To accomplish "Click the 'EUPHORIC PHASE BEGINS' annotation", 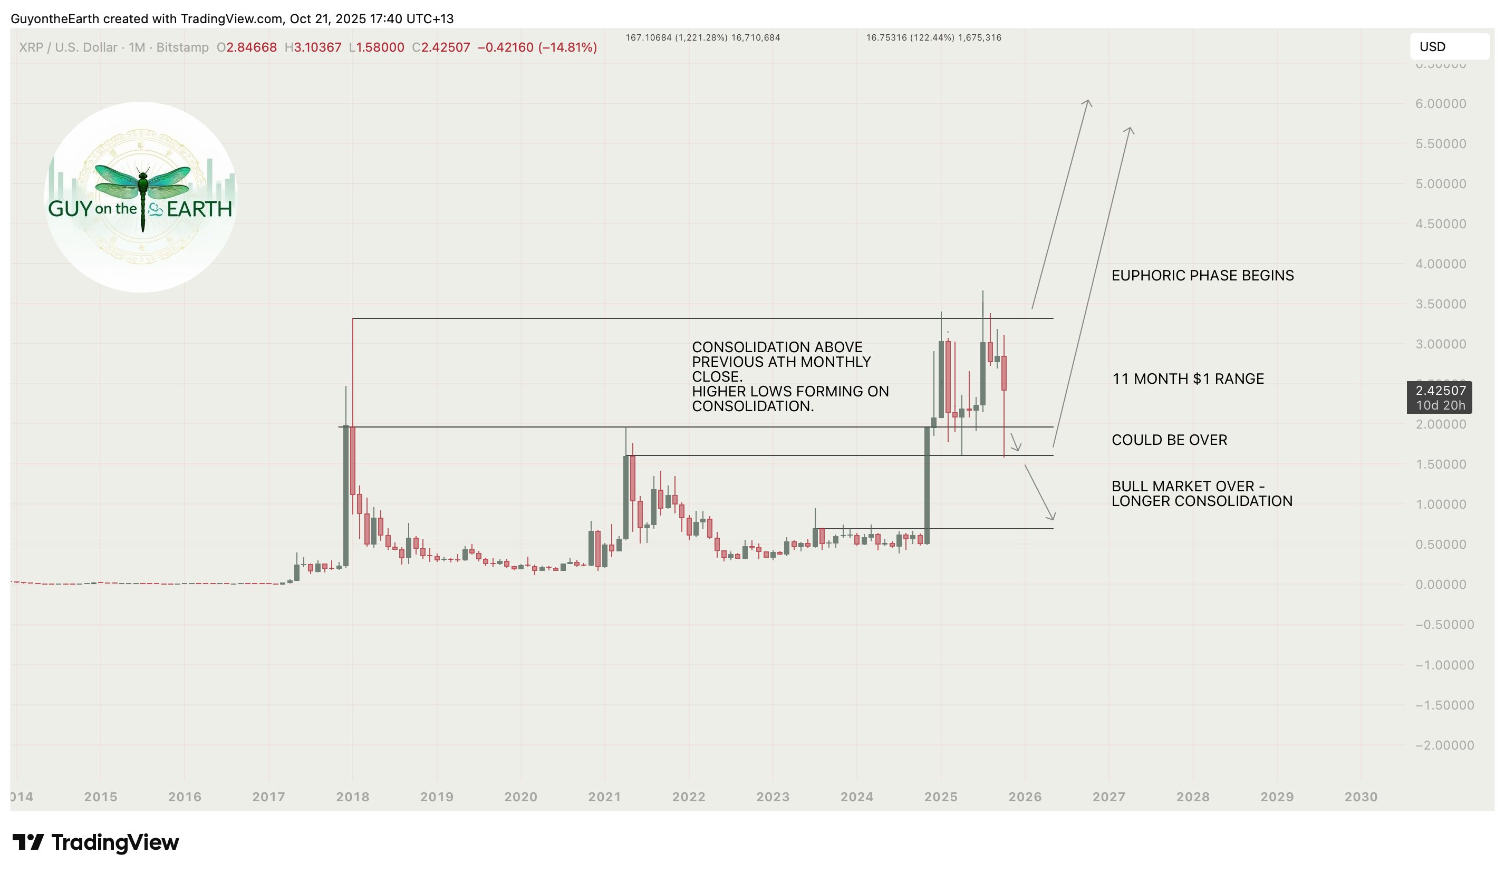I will (x=1202, y=275).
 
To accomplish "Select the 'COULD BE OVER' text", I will (x=1169, y=440).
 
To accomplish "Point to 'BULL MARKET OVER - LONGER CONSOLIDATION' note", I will (x=1201, y=494).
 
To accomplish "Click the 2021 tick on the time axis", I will (x=604, y=797).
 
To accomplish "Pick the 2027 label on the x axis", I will (x=1108, y=797).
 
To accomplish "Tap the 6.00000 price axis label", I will (x=1440, y=104).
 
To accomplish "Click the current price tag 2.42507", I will (x=1440, y=391).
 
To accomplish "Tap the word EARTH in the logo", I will (x=199, y=209).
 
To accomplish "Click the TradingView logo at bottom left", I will (x=95, y=842).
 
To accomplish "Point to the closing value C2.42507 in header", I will (x=441, y=47).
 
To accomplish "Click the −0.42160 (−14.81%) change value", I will (x=537, y=47).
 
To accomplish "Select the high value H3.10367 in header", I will (x=313, y=47).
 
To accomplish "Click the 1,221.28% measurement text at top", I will (x=702, y=37).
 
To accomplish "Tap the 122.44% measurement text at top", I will (x=933, y=37).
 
